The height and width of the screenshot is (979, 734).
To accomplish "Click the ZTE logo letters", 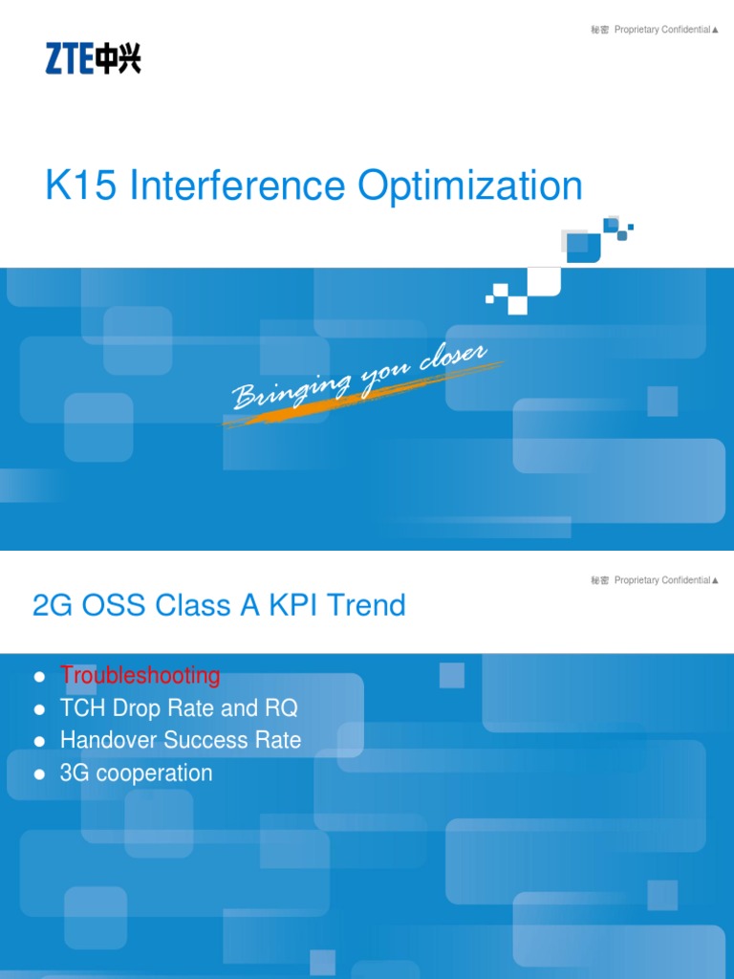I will [69, 61].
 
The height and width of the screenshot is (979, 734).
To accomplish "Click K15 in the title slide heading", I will [81, 185].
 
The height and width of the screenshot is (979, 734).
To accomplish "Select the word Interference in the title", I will [239, 185].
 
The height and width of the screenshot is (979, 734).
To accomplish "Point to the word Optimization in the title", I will [470, 185].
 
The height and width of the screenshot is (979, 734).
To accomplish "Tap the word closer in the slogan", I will [454, 360].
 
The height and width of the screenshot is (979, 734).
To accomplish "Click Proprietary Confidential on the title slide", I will [661, 30].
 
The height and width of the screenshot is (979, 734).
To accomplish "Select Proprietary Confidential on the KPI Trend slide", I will [661, 580].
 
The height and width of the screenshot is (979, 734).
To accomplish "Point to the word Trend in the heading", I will [371, 605].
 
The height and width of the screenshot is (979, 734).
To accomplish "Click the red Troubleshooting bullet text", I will [140, 676].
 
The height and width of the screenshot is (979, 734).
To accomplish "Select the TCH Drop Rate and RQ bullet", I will [179, 708].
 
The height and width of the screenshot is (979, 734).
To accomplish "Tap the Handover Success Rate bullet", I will [180, 741].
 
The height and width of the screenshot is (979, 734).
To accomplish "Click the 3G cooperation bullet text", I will [136, 773].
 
